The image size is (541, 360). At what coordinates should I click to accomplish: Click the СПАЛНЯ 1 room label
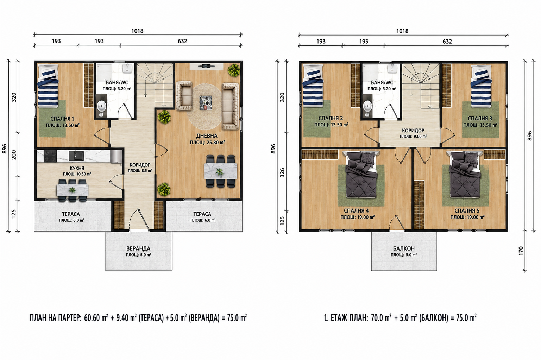point(62,119)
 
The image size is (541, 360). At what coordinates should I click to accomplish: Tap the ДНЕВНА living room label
point(207,136)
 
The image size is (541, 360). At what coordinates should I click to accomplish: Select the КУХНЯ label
point(77,168)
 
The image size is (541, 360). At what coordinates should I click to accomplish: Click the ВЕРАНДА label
point(138,248)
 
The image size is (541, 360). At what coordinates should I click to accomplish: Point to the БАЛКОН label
point(404,248)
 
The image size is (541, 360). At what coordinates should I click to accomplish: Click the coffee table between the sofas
point(206,103)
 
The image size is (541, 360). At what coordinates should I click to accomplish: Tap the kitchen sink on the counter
point(76,156)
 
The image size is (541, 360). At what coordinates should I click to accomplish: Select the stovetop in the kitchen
point(50,156)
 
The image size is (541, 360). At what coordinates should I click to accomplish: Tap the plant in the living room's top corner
point(234,70)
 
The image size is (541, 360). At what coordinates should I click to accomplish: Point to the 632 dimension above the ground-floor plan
point(182,41)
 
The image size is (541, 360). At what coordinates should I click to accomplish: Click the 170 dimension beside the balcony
point(521,251)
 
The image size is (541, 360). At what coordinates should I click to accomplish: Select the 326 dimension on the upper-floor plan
point(282,173)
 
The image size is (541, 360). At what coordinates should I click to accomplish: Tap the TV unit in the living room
point(206,67)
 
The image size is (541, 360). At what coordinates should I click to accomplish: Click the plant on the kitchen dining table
point(72,190)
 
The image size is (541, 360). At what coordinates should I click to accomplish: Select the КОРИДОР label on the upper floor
point(413,131)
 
